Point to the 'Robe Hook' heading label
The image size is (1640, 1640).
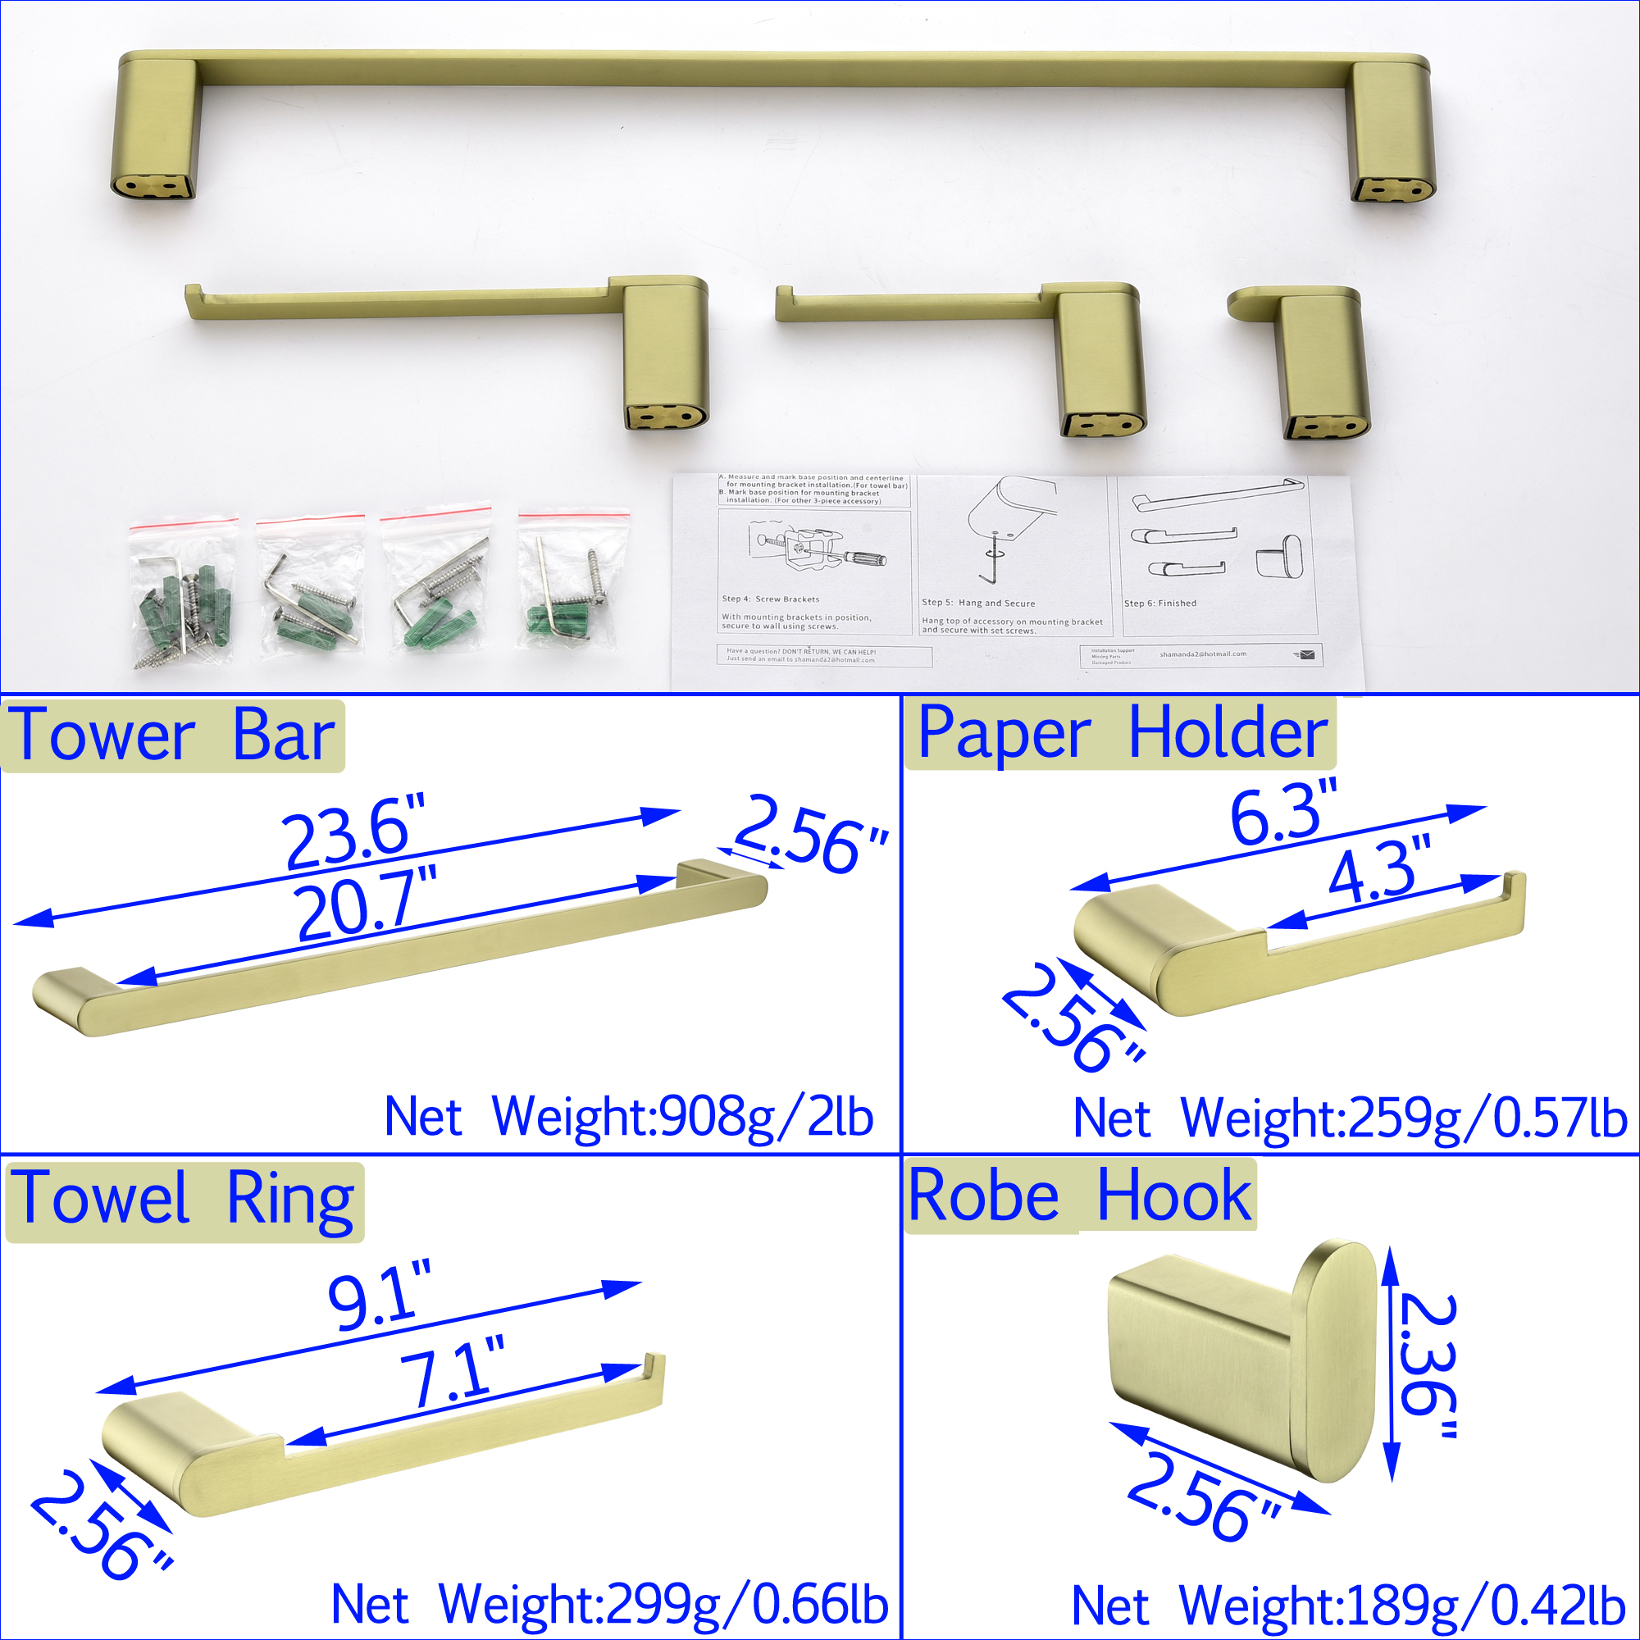tap(1080, 1196)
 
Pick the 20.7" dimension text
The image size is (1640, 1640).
tap(367, 904)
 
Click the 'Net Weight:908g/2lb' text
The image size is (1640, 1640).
tap(628, 1117)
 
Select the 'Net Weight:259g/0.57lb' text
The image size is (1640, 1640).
tap(1350, 1118)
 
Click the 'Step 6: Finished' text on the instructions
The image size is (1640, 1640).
tap(1159, 604)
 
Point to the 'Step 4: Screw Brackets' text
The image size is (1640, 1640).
tap(770, 599)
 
